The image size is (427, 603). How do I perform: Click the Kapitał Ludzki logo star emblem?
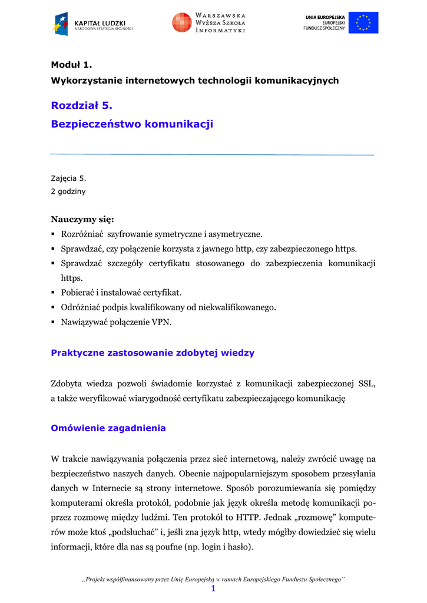click(x=62, y=24)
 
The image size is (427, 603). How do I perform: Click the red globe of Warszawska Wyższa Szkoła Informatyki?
click(x=181, y=22)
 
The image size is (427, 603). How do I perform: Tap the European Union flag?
click(x=363, y=22)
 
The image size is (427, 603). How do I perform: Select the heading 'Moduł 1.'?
click(x=72, y=65)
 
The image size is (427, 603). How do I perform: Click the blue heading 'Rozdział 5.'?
click(x=81, y=105)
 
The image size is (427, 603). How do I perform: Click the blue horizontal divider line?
click(x=212, y=154)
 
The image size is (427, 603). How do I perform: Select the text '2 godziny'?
click(x=68, y=191)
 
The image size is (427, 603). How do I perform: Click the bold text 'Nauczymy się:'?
click(x=82, y=220)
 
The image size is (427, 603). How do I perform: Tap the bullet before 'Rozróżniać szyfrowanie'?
click(x=54, y=234)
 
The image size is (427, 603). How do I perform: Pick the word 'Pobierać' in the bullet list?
click(x=79, y=293)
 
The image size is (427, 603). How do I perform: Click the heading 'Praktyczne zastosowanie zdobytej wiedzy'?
click(x=153, y=353)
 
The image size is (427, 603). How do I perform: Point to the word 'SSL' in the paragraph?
click(x=367, y=384)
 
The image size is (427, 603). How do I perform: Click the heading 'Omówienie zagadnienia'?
click(x=108, y=428)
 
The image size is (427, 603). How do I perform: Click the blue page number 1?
click(x=213, y=588)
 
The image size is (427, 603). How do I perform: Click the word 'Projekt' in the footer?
click(x=100, y=579)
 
